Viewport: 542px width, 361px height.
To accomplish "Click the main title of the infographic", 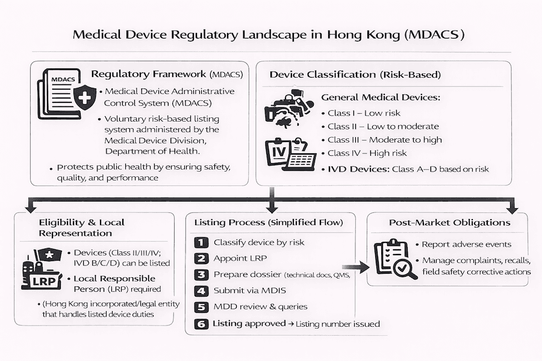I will point(269,34).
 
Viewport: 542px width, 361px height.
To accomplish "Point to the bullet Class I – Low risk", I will point(364,113).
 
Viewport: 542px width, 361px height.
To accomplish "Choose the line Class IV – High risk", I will point(367,153).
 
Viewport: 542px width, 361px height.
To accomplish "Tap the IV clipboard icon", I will point(289,153).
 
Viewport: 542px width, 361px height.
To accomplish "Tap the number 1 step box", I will point(201,242).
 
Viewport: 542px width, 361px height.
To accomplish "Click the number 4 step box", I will point(201,291).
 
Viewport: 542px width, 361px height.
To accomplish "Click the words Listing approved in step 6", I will point(249,324).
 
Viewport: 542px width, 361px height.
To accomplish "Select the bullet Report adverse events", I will point(466,244).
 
